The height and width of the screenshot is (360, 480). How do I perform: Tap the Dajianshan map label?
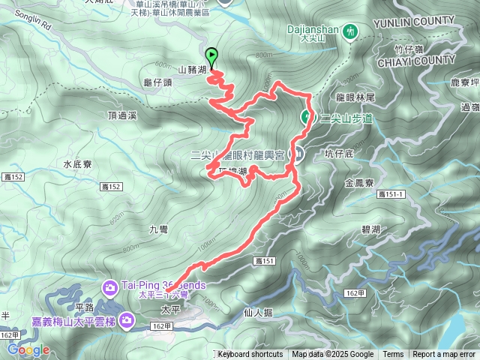pyautogui.click(x=313, y=31)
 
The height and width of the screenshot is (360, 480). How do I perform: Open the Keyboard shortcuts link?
pyautogui.click(x=250, y=355)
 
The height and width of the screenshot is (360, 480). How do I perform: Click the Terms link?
pyautogui.click(x=393, y=355)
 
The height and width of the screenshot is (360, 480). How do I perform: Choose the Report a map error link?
pyautogui.click(x=444, y=355)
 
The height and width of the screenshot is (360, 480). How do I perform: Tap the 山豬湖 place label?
pyautogui.click(x=192, y=70)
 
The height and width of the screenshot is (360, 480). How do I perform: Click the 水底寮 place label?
pyautogui.click(x=76, y=163)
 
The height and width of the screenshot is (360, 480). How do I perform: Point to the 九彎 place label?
pyautogui.click(x=158, y=231)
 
